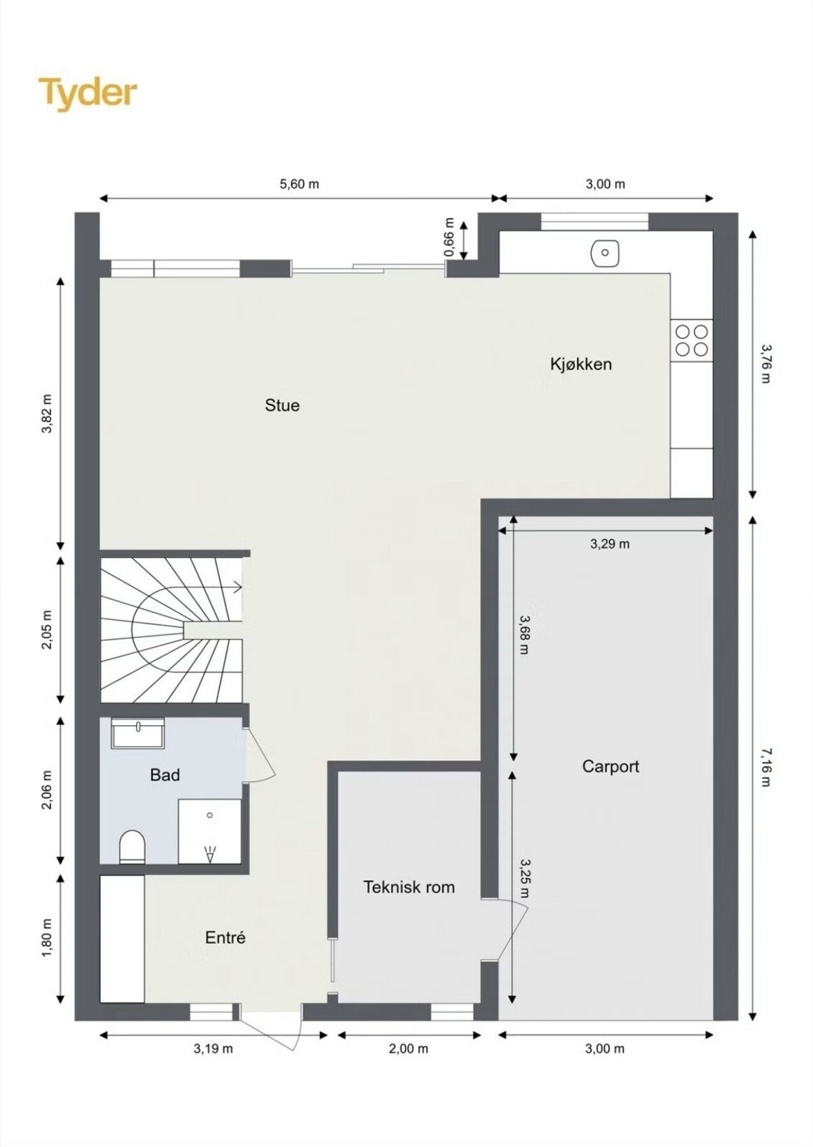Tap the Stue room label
pos(282,405)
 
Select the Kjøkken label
pos(581,364)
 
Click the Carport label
pos(610,766)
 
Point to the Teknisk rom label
pos(409,887)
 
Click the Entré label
pos(225,938)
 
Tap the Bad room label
pos(165,775)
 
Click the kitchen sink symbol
pos(604,253)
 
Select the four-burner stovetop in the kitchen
pos(691,340)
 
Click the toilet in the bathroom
pos(133,846)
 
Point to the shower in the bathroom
pos(209,831)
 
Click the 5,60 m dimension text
pos(299,184)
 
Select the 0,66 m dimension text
pos(449,237)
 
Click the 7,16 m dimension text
pos(766,768)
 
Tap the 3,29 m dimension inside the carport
pos(610,544)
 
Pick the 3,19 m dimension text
pos(213,1048)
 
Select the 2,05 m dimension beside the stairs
pos(47,630)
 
